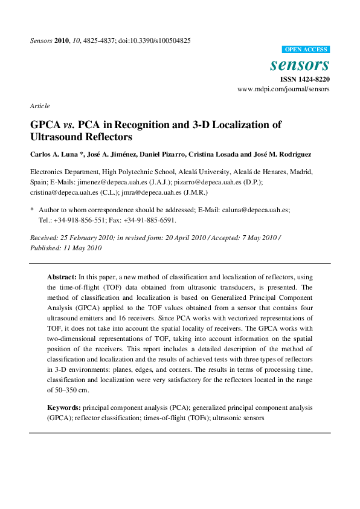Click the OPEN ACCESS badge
[x=306, y=50]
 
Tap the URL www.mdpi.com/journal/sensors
[x=283, y=89]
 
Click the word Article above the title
[x=40, y=106]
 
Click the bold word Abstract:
[x=62, y=276]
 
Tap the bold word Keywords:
[x=64, y=408]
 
